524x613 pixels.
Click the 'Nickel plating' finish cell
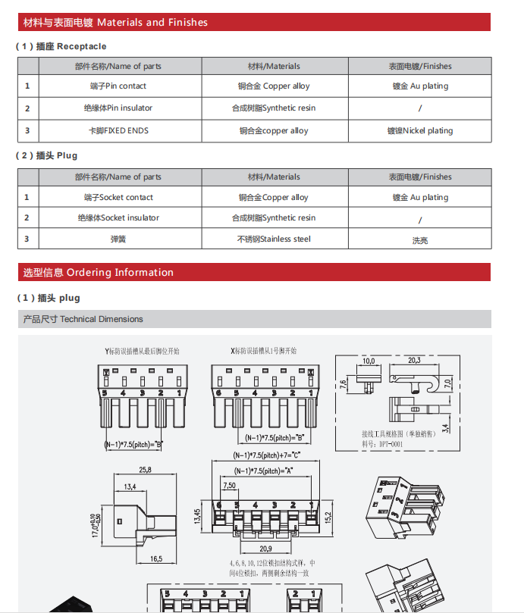pos(419,130)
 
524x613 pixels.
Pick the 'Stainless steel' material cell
pos(274,239)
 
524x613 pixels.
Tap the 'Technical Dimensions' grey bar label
pos(83,319)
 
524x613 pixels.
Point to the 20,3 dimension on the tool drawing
pos(414,360)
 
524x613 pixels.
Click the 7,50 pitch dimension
pos(229,485)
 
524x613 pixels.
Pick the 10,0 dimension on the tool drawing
pos(369,361)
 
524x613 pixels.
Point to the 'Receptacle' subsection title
pos(61,46)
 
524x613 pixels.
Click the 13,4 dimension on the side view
pos(130,486)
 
